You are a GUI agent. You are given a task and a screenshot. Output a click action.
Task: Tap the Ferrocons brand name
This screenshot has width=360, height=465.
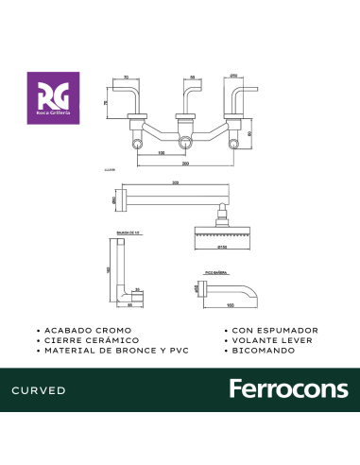click(x=289, y=389)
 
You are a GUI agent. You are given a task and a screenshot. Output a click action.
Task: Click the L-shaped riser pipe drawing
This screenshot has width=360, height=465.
click(x=119, y=274)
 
